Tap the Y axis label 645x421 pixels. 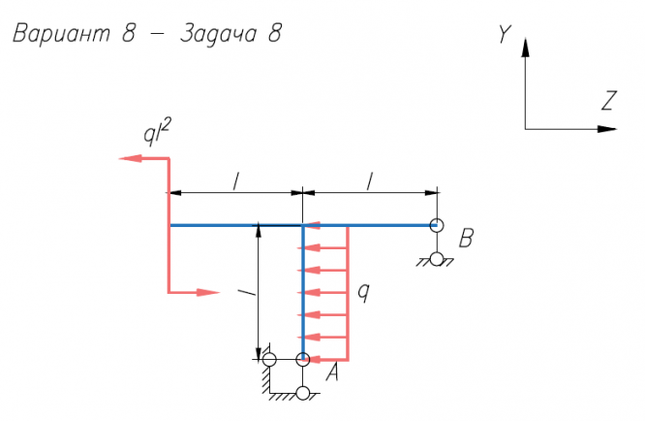tap(504, 34)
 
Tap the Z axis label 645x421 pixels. tap(608, 101)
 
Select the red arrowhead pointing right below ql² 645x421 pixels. tap(210, 291)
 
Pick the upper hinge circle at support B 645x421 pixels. tap(437, 225)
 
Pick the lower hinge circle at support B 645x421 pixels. tap(437, 259)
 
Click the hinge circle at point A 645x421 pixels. tap(303, 360)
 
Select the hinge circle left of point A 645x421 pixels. tap(269, 360)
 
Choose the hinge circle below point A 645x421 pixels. tap(303, 393)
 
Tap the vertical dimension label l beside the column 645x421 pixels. tap(250, 289)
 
